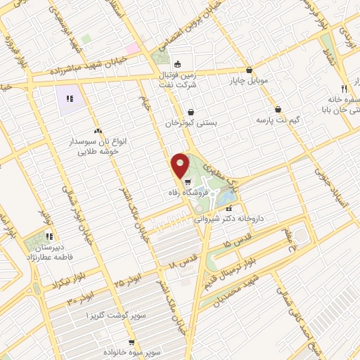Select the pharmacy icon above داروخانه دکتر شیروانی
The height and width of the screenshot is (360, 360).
click(x=228, y=208)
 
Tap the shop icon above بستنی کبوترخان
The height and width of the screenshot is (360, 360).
click(x=191, y=111)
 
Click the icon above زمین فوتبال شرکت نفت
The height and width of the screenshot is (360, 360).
click(x=177, y=60)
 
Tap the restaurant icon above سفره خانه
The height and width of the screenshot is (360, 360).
click(x=344, y=89)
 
